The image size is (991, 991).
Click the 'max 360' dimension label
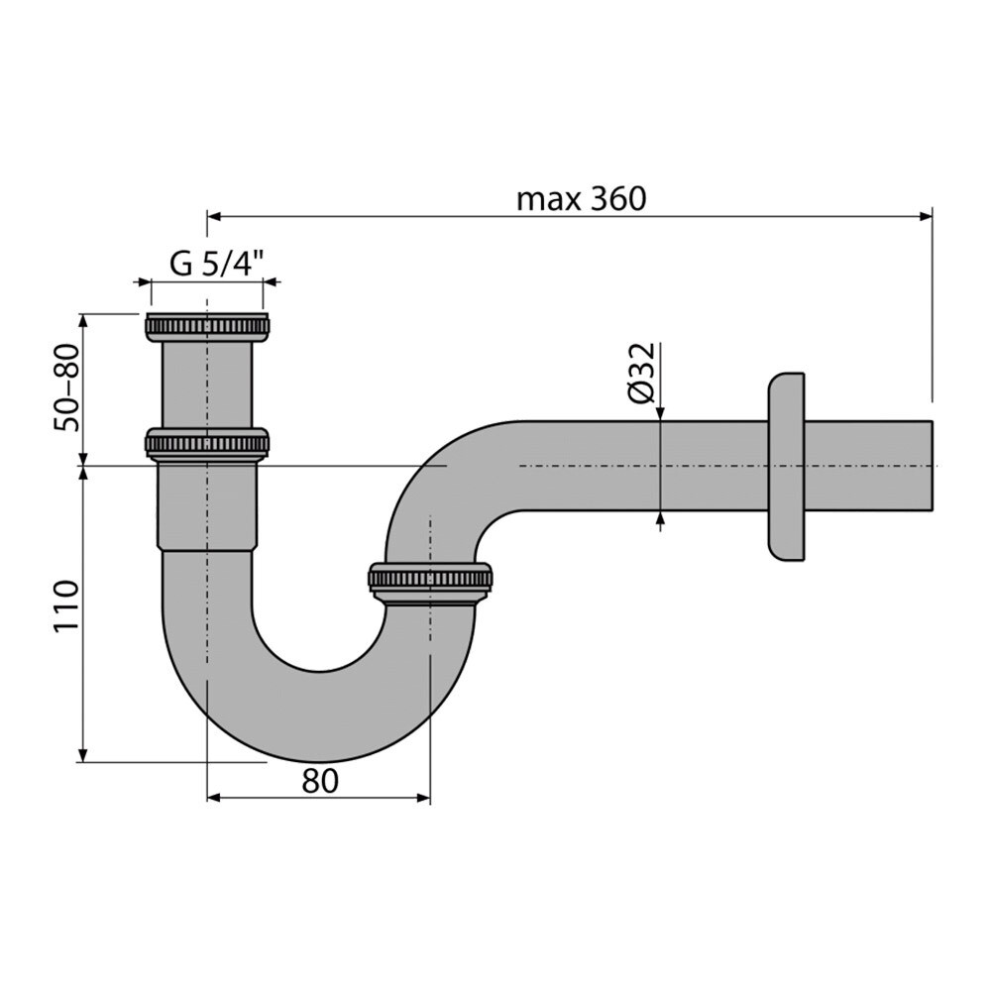pyautogui.click(x=582, y=199)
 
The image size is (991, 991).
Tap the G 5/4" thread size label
pyautogui.click(x=216, y=264)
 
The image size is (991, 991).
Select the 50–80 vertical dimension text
pyautogui.click(x=66, y=387)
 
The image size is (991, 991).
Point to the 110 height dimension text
pyautogui.click(x=66, y=606)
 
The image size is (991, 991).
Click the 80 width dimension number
pyautogui.click(x=320, y=781)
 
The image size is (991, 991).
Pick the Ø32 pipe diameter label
pyautogui.click(x=641, y=374)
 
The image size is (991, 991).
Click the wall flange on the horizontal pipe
pyautogui.click(x=786, y=467)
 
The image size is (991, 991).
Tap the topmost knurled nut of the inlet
pyautogui.click(x=207, y=327)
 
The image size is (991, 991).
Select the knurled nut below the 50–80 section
pyautogui.click(x=207, y=444)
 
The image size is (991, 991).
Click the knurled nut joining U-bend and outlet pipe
pyautogui.click(x=430, y=582)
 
